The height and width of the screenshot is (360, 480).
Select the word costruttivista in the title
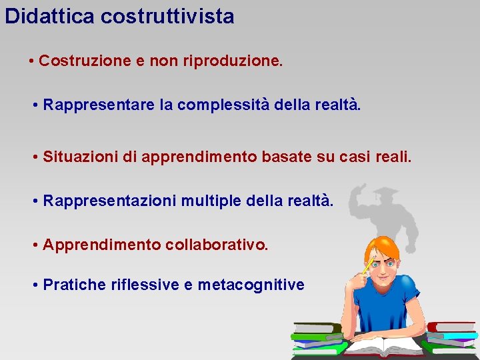(x=167, y=16)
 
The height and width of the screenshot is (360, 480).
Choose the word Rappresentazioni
(x=111, y=201)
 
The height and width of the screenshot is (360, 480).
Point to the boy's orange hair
(x=383, y=244)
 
